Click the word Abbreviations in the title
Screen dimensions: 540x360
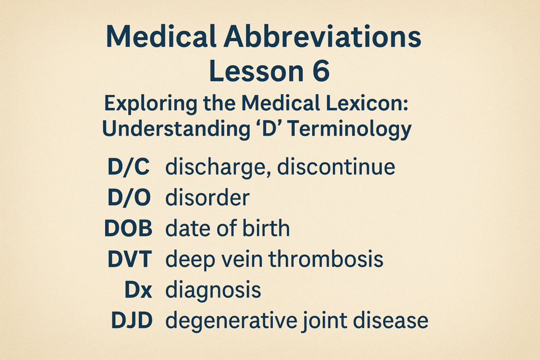coord(322,37)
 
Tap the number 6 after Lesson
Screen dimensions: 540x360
coord(321,71)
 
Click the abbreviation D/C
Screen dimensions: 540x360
coord(128,167)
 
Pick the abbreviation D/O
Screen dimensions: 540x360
coord(129,198)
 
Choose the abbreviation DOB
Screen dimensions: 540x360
coord(128,228)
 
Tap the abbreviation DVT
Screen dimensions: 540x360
coord(129,259)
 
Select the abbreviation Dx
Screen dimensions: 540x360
coord(138,290)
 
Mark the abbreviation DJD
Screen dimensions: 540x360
coord(132,321)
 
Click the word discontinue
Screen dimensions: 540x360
coord(336,167)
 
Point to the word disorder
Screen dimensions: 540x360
coord(208,198)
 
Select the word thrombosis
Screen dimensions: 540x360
coord(326,259)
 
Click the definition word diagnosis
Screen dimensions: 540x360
coord(213,290)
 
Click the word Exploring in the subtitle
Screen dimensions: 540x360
coord(151,104)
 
